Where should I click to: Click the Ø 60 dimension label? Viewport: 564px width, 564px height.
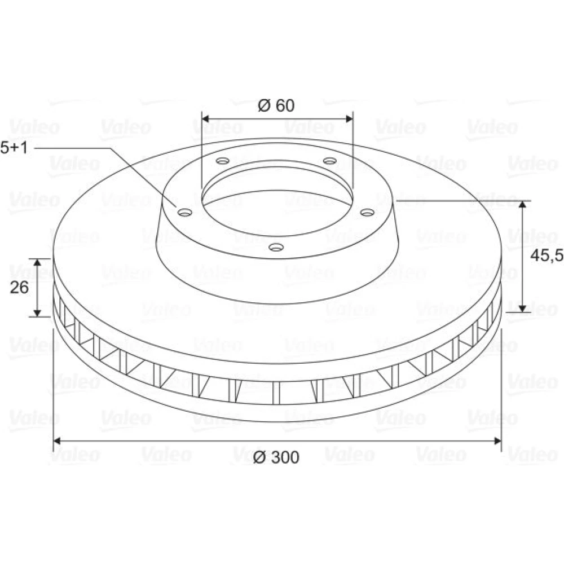coord(276,105)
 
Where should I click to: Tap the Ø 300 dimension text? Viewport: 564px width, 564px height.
coord(276,457)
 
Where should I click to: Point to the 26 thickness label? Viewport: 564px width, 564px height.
coord(19,288)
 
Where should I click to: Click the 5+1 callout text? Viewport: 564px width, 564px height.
coord(14,148)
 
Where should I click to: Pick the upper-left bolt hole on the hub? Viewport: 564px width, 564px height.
coord(223,160)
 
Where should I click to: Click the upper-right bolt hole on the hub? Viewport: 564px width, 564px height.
coord(329,160)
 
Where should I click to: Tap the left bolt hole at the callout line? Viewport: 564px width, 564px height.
coord(185,213)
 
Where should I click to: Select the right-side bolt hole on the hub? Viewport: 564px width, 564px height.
coord(368,213)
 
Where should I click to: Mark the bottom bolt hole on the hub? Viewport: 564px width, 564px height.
coord(276,247)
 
